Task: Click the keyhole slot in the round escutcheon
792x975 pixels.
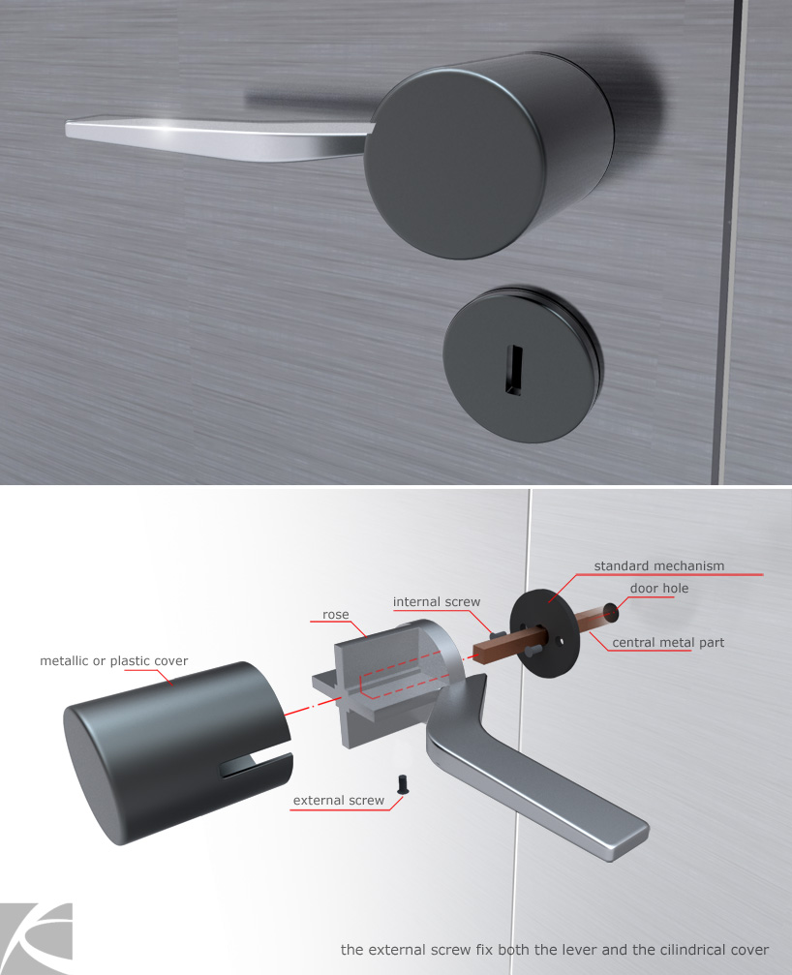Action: pyautogui.click(x=514, y=369)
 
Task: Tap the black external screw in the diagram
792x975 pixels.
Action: pyautogui.click(x=403, y=783)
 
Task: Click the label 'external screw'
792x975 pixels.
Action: pyautogui.click(x=339, y=801)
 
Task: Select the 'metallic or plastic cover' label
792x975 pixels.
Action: pyautogui.click(x=113, y=661)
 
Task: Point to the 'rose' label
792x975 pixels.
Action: pyautogui.click(x=336, y=615)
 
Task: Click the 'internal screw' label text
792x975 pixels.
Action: pyautogui.click(x=437, y=602)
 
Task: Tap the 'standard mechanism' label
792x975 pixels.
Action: pyautogui.click(x=659, y=565)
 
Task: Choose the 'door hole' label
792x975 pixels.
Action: pyautogui.click(x=659, y=589)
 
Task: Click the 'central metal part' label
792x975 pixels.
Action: pyautogui.click(x=668, y=642)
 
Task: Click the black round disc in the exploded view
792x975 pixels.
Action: pyautogui.click(x=544, y=625)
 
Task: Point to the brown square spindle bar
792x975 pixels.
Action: pyautogui.click(x=541, y=633)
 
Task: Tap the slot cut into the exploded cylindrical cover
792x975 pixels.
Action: pyautogui.click(x=255, y=766)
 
